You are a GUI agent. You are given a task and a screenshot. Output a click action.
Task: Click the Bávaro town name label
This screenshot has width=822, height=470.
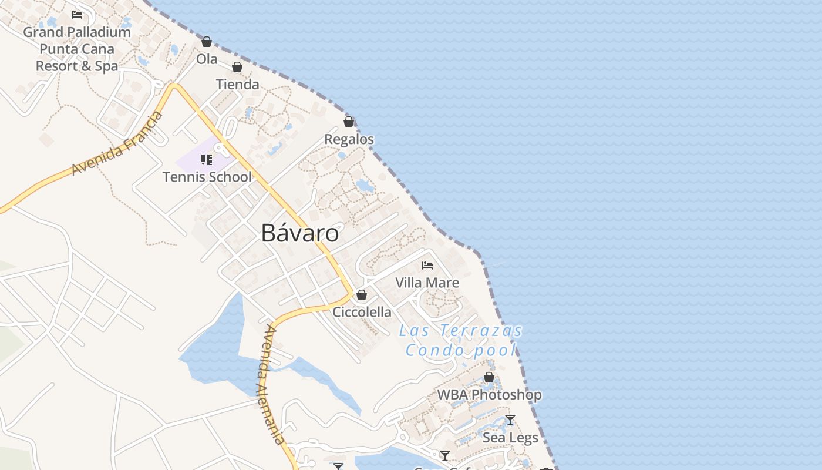coord(299,233)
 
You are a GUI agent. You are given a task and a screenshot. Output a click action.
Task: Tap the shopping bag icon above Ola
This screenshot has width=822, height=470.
coord(207,42)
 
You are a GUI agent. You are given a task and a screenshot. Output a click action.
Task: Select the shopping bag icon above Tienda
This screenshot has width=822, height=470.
coord(237,67)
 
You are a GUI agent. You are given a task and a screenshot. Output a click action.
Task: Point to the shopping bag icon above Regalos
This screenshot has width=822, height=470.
coord(349,122)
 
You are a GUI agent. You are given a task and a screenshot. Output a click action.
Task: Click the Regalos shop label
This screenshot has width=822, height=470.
coord(349,140)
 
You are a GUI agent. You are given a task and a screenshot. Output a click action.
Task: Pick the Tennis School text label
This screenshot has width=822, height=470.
coord(207,177)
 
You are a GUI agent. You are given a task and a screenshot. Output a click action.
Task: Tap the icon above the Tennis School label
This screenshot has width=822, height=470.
coord(206,159)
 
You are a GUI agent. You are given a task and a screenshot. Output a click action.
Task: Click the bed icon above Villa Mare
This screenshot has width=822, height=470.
coord(427,266)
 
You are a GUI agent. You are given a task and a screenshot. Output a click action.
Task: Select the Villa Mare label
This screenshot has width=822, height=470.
coord(427,283)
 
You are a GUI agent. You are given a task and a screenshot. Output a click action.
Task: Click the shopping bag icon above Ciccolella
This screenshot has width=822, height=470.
coord(362,294)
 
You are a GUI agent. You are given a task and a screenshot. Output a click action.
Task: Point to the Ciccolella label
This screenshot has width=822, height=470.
coord(362,312)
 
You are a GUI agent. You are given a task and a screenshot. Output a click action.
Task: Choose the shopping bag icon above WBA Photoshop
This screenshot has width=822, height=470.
coord(489,377)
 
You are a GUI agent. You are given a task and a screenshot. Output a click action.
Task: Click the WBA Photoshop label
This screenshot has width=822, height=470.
coord(489,395)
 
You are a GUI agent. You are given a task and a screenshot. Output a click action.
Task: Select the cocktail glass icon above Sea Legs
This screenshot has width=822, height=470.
coord(510,420)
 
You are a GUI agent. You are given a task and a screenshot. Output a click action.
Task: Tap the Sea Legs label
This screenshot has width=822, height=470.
coord(510,438)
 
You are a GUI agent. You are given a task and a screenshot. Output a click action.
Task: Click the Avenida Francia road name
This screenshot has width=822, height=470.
coord(117,143)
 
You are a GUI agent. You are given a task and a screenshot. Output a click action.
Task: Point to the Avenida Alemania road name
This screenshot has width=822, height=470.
coord(271,385)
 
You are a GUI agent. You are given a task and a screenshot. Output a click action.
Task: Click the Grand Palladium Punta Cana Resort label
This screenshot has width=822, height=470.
coord(77,49)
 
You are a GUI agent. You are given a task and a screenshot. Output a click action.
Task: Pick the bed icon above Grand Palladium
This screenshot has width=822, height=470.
coord(77,15)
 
